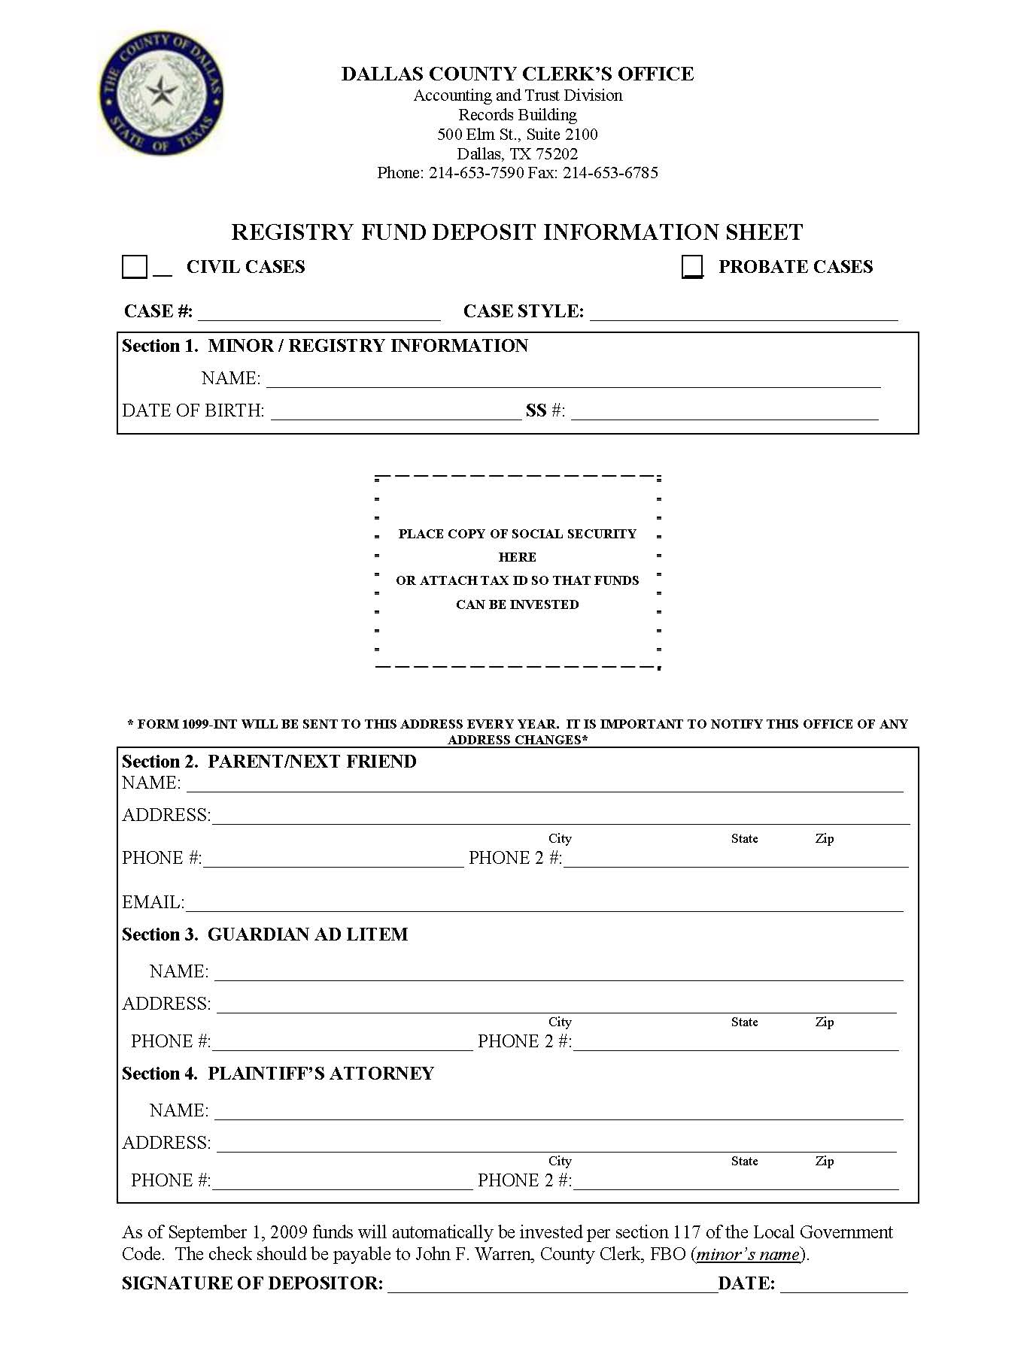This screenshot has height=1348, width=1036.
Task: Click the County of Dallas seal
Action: pos(160,93)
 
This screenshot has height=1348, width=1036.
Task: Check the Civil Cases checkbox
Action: pos(134,267)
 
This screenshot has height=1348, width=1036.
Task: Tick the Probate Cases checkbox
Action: pos(692,267)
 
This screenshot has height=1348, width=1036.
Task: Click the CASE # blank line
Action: pos(319,313)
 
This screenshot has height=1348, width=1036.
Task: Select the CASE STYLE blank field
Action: pos(743,313)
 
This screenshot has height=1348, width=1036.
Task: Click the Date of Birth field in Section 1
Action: pos(395,411)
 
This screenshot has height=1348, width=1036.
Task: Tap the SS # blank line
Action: pos(724,411)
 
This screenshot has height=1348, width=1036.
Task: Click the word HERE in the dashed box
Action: pos(517,557)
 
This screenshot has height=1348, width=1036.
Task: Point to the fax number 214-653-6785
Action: pos(610,173)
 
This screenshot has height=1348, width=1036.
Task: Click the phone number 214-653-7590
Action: pos(476,173)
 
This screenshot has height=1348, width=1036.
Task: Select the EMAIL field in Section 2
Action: pos(543,904)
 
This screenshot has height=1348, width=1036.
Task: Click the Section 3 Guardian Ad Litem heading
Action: pos(265,935)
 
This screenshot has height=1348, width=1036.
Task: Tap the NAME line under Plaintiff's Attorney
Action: pos(558,1112)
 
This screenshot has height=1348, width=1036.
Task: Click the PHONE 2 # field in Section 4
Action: pos(735,1182)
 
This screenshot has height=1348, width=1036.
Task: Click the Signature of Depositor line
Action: pos(552,1284)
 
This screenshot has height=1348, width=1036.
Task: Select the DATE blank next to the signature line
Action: pos(843,1284)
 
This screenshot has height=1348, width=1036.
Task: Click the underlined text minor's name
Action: pos(748,1254)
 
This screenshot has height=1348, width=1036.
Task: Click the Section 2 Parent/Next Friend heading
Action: pos(269,762)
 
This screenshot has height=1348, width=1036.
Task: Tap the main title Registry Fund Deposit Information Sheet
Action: pos(517,232)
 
